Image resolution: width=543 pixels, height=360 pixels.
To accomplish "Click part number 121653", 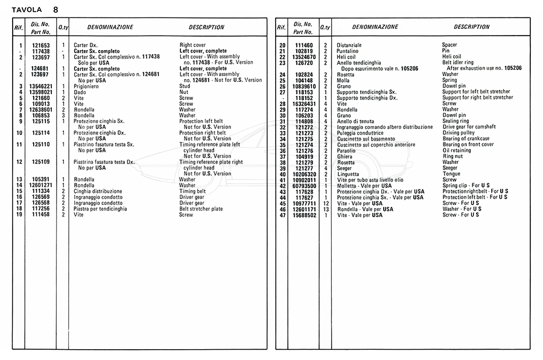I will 41,45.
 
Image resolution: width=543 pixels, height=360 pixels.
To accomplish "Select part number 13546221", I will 41,87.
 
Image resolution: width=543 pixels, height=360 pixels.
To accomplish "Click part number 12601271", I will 41,185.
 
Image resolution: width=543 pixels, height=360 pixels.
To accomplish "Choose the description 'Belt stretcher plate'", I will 201,209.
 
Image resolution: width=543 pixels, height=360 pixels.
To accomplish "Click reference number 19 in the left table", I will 19,215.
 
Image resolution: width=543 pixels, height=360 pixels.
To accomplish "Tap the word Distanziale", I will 349,45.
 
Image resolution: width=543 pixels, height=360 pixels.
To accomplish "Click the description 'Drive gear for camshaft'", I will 472,127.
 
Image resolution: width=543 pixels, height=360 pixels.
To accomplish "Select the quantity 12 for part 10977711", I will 325,203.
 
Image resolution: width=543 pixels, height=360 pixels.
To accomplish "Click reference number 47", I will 282,215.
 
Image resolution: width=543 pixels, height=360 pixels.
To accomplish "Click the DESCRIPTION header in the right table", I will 472,27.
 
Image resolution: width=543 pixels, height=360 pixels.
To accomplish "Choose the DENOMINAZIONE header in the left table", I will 110,27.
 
